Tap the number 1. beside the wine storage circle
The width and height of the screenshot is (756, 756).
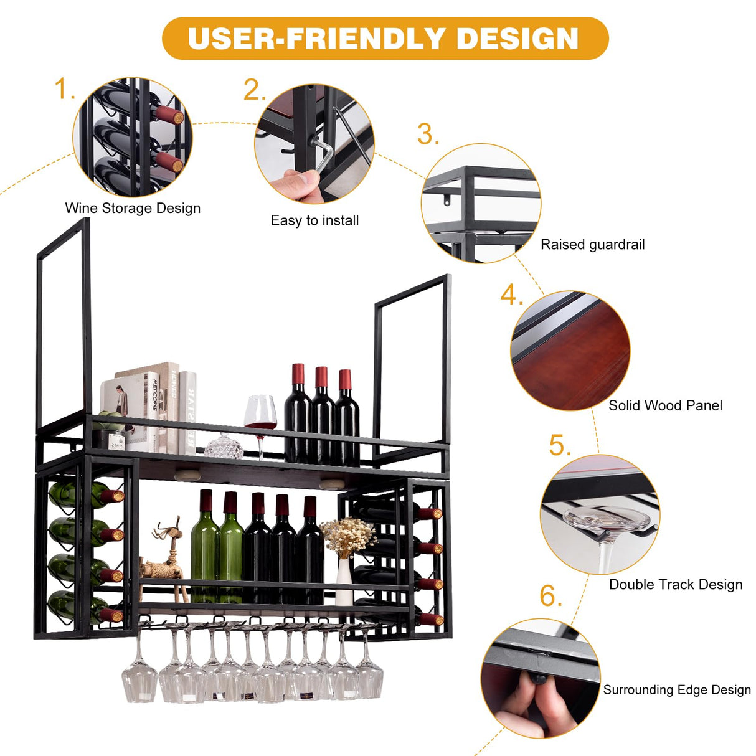pos(64,89)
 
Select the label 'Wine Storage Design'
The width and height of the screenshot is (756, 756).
pos(133,208)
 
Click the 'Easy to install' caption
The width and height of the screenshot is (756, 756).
pos(314,220)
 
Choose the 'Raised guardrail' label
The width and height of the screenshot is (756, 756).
pos(592,245)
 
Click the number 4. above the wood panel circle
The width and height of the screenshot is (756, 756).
pos(511,295)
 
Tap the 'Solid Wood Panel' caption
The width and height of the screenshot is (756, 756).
pos(665,405)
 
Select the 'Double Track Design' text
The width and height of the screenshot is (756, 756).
pos(676,584)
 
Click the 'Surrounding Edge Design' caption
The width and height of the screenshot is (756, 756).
pos(677,689)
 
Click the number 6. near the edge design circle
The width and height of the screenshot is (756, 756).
pos(550,596)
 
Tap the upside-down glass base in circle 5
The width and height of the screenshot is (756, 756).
pos(607,519)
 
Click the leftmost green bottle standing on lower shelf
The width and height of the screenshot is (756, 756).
pos(204,548)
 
